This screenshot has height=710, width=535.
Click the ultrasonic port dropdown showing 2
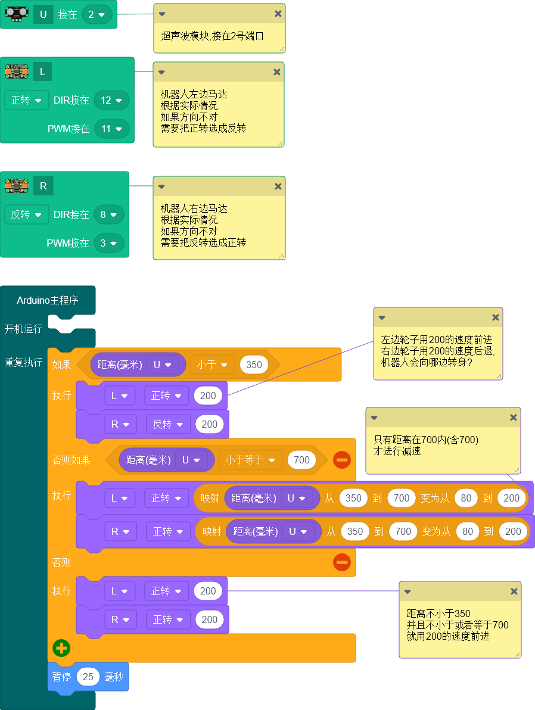[97, 14]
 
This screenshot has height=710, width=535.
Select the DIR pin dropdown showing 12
[111, 100]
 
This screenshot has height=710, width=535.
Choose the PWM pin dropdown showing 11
[112, 129]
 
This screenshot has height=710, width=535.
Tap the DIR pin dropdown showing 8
[108, 214]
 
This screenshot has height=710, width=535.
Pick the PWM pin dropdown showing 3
[108, 243]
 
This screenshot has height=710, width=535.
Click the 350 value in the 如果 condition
[254, 365]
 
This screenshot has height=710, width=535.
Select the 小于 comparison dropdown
[213, 365]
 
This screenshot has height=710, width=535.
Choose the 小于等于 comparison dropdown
[250, 460]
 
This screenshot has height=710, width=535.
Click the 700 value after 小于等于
[301, 460]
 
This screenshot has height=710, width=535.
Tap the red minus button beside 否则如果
[341, 460]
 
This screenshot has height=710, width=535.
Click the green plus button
[61, 648]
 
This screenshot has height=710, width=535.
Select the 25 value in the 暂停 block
[88, 677]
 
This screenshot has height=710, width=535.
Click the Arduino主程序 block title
[48, 300]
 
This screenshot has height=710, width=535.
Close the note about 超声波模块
[278, 14]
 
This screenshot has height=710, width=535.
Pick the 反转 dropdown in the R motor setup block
[26, 214]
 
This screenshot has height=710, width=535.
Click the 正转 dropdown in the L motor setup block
[26, 100]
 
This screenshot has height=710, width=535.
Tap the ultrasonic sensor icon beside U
[17, 14]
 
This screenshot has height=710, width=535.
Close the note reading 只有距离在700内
[514, 418]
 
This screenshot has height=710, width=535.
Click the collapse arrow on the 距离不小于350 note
[408, 591]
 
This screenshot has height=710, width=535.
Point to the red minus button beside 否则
[341, 562]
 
